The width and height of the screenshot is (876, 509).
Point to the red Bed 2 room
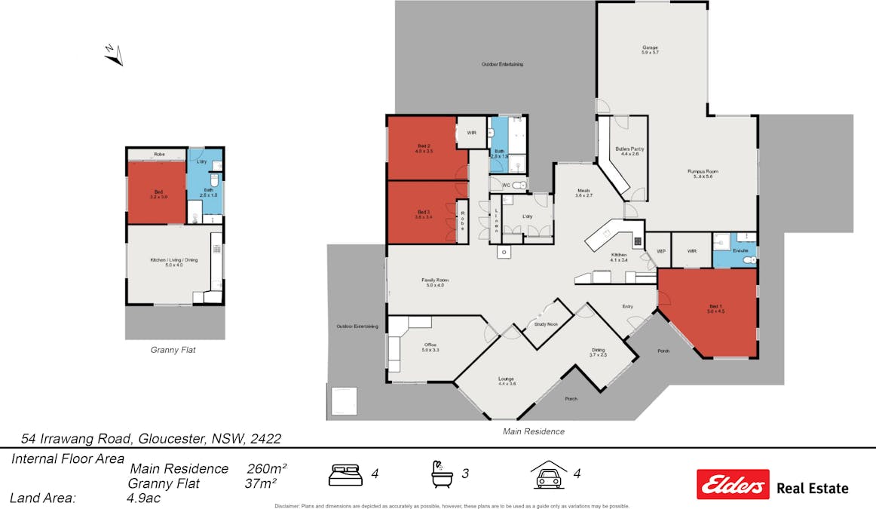(422, 148)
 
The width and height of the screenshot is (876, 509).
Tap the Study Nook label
(546, 324)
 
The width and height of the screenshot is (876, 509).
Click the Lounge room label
(507, 381)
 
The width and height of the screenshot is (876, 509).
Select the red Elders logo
(733, 484)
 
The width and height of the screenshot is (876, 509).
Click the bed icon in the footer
(346, 474)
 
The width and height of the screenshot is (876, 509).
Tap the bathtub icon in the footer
(443, 474)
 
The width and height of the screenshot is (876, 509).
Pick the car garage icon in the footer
(549, 474)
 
